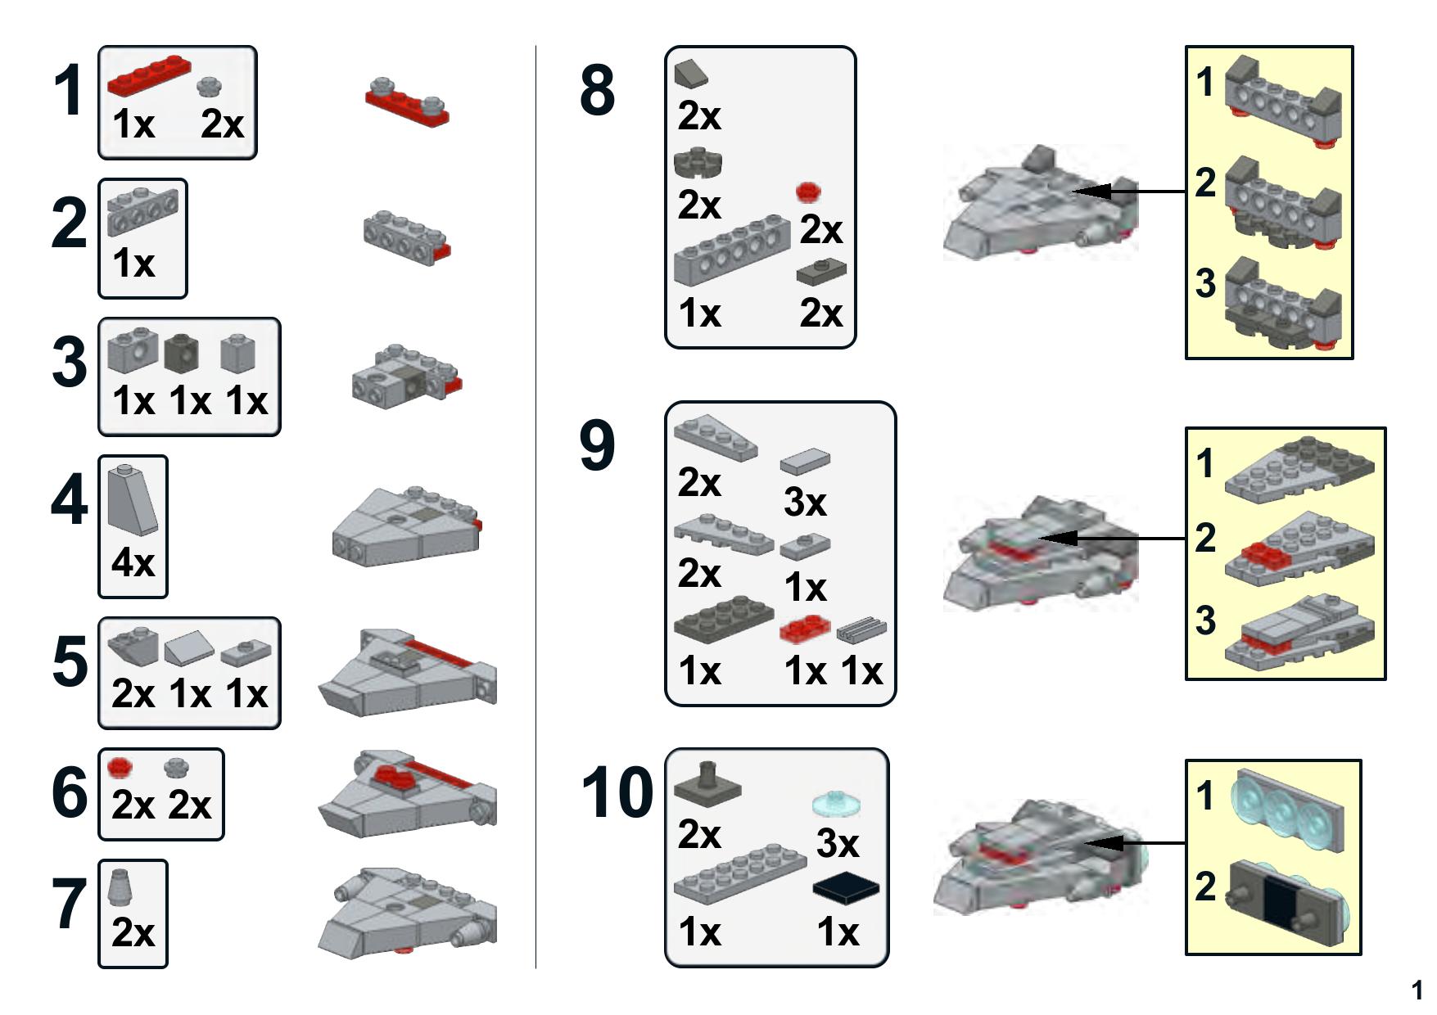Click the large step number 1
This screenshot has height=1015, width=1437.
click(67, 92)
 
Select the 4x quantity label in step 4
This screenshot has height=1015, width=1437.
click(133, 562)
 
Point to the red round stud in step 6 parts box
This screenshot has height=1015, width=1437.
click(120, 767)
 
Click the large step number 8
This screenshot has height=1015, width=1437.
click(597, 90)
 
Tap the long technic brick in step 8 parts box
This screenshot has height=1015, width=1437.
click(731, 250)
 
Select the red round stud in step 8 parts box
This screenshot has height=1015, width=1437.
click(809, 192)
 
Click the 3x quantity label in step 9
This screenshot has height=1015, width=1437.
click(805, 502)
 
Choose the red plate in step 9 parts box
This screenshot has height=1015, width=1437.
click(805, 629)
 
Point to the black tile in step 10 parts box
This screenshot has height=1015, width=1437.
click(846, 889)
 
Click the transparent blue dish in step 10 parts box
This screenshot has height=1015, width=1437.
click(836, 805)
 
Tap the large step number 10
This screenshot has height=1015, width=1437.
click(617, 792)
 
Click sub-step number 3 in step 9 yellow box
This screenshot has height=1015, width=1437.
click(1205, 620)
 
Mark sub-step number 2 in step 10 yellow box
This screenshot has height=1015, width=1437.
click(1205, 886)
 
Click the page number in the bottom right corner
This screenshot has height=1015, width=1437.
click(1417, 990)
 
